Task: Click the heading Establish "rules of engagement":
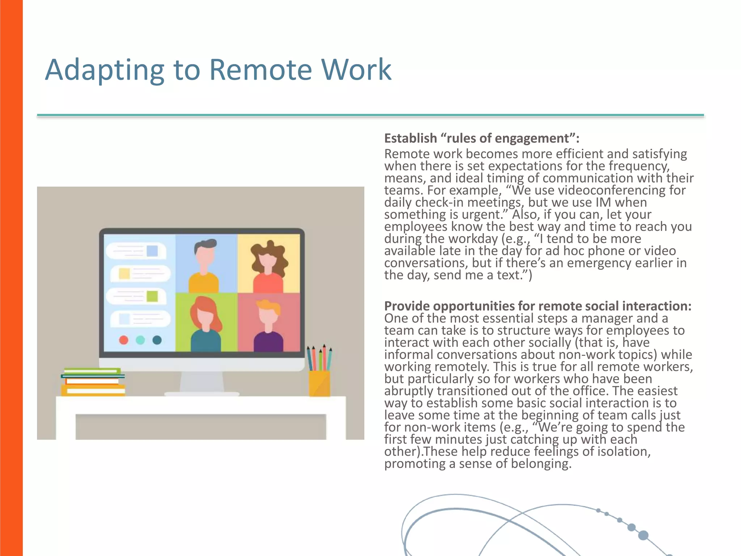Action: coord(482,138)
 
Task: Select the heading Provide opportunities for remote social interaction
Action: coord(538,306)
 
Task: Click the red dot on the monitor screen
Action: coord(124,340)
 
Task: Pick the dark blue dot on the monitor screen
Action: coord(157,340)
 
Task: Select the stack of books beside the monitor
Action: coord(93,382)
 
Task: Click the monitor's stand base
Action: coord(202,393)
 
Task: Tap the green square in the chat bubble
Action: coord(152,296)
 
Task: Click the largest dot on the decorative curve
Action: coord(643,535)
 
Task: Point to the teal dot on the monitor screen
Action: coord(140,340)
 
